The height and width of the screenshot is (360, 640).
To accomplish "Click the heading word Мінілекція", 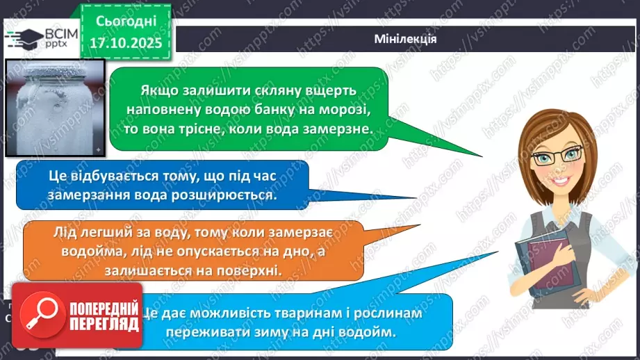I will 405,39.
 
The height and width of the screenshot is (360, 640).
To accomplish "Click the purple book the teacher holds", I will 539,263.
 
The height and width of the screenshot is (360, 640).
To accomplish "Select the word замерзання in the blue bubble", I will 85,196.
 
